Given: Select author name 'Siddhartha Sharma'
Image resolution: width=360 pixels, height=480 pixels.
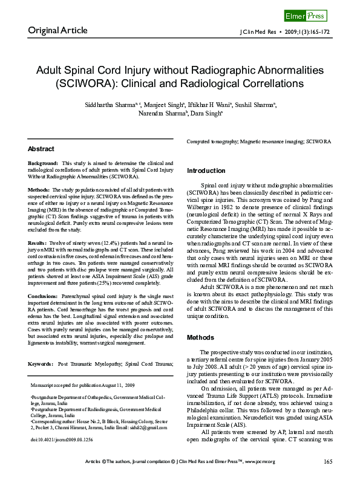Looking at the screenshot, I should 118,105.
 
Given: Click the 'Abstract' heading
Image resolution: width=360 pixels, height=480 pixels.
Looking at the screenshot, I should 41,149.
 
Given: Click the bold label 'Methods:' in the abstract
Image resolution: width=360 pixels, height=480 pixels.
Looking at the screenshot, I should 39,190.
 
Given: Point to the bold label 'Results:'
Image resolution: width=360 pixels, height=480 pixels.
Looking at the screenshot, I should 38,242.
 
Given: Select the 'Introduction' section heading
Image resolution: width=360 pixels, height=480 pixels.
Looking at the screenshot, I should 206,171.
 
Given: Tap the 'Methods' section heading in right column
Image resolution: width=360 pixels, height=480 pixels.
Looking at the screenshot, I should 200,337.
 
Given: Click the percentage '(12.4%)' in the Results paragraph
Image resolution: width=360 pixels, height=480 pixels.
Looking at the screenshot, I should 91,242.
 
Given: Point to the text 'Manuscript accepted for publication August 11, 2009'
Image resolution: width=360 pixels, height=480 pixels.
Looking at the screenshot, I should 83,384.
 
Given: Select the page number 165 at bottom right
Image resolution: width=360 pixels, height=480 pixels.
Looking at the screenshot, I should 328,462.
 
